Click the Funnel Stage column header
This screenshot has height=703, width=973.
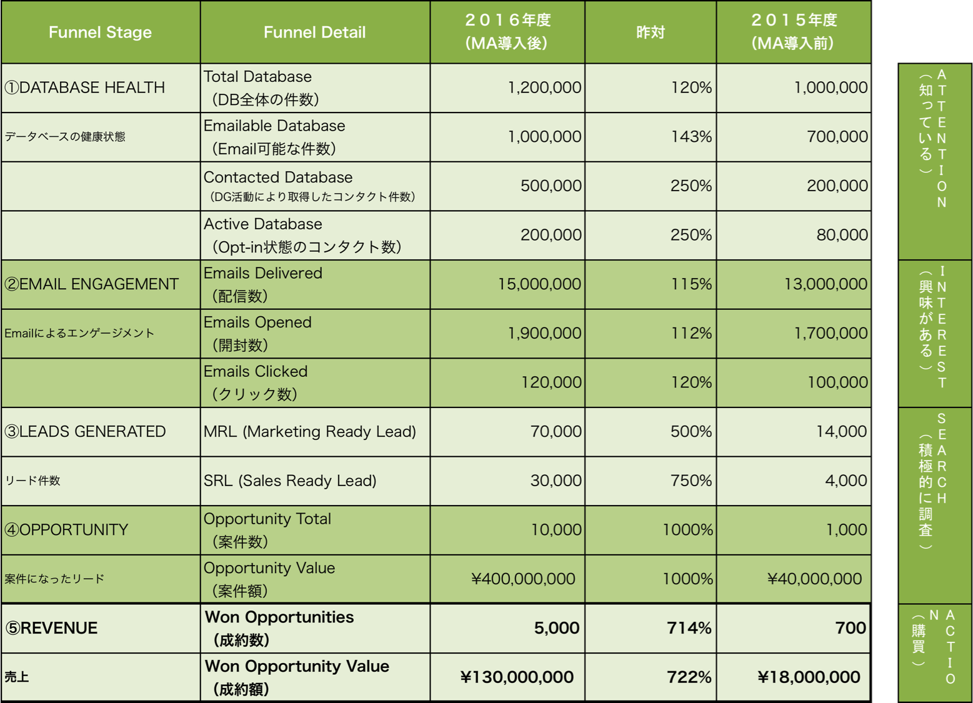pyautogui.click(x=100, y=32)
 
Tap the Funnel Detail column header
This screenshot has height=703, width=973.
pyautogui.click(x=314, y=32)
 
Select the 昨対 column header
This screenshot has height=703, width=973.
pyautogui.click(x=650, y=32)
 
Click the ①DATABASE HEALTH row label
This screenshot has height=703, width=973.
pyautogui.click(x=85, y=87)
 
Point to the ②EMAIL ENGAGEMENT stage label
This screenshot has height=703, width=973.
pyautogui.click(x=92, y=284)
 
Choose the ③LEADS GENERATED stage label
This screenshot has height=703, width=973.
pyautogui.click(x=86, y=432)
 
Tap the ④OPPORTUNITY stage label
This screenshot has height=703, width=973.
pyautogui.click(x=66, y=530)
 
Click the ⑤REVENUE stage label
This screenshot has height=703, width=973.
pyautogui.click(x=51, y=628)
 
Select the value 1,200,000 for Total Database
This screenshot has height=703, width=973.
pyautogui.click(x=544, y=87)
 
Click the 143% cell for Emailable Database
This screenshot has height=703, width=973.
pyautogui.click(x=691, y=137)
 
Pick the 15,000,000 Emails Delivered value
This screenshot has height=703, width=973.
pyautogui.click(x=539, y=284)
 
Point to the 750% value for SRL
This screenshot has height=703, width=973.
pyautogui.click(x=691, y=481)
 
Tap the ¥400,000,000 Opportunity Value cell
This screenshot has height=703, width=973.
pyautogui.click(x=523, y=579)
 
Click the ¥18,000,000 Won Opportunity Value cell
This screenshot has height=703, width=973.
pyautogui.click(x=809, y=677)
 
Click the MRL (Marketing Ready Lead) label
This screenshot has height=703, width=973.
pyautogui.click(x=310, y=432)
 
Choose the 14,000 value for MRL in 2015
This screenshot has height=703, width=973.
pyautogui.click(x=841, y=432)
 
